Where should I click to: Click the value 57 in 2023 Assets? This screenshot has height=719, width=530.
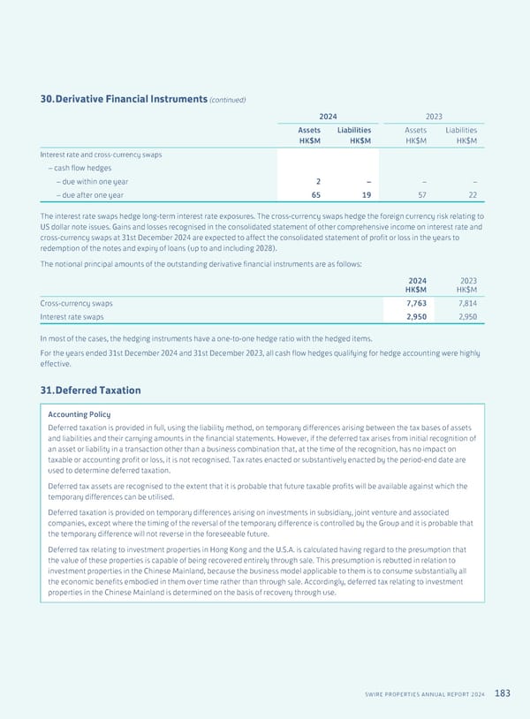point(420,195)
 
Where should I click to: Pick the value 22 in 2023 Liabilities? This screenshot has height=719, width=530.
point(473,195)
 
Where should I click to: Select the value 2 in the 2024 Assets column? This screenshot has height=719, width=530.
point(304,181)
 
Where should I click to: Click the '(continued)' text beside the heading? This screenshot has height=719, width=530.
point(227,100)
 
